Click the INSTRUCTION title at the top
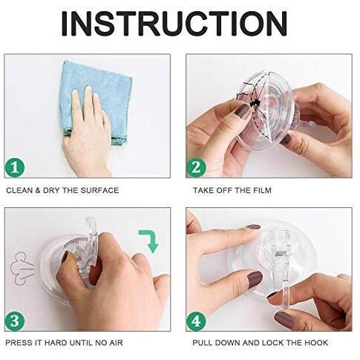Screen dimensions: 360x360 (x=174, y=24)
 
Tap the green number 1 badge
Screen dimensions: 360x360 (x=15, y=167)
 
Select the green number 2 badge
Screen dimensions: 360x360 (x=196, y=167)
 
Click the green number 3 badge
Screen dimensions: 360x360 (x=15, y=321)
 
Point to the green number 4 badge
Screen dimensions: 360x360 (x=196, y=321)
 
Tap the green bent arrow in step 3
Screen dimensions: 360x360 (x=149, y=240)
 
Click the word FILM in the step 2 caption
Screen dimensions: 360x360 (x=263, y=191)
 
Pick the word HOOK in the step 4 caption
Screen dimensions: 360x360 (x=316, y=343)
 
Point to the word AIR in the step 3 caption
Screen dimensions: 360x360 (x=116, y=343)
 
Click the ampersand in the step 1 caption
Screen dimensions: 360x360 (x=38, y=191)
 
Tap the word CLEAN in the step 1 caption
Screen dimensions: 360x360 (x=19, y=191)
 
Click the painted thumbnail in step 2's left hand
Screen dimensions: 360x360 (x=243, y=111)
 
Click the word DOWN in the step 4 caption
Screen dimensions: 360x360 (x=227, y=343)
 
